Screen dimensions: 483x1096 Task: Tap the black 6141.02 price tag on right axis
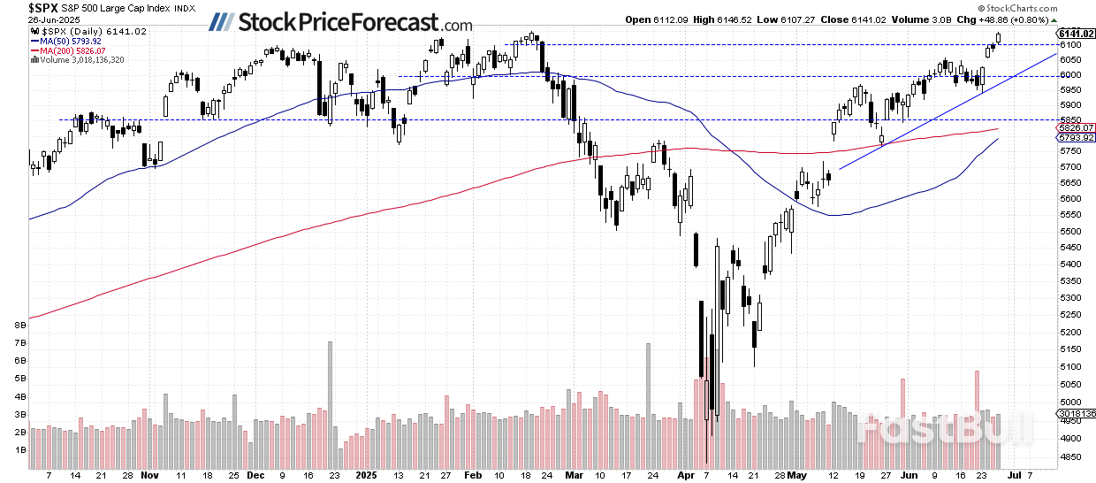click(x=1076, y=34)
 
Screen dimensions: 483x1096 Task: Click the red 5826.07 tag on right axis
click(x=1076, y=127)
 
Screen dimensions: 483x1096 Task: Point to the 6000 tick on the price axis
click(x=1069, y=76)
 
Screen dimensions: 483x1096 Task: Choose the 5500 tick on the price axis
click(x=1069, y=232)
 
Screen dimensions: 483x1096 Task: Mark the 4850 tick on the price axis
click(x=1069, y=457)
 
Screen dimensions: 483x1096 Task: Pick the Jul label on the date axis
click(x=1014, y=474)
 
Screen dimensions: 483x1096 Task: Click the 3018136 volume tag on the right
click(x=1076, y=411)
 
